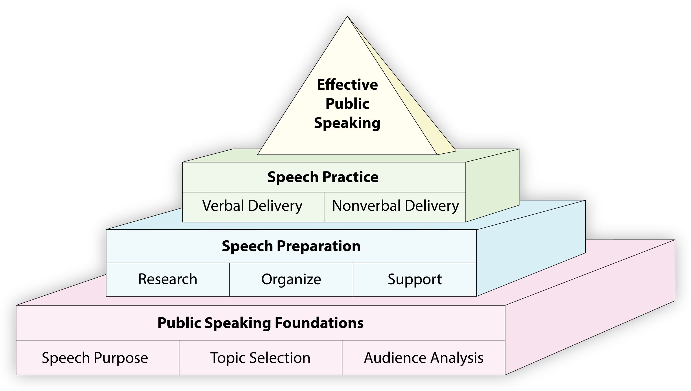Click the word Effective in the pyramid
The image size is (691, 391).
(x=347, y=85)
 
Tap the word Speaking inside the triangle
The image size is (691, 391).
(x=347, y=123)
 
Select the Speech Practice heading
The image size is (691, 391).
(x=323, y=177)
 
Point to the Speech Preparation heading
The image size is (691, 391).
(x=291, y=246)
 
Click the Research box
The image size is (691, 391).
(x=168, y=279)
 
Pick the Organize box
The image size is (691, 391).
(x=291, y=279)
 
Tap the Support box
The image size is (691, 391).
(x=415, y=279)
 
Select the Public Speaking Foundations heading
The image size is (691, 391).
(x=260, y=323)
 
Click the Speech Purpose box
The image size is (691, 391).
(x=95, y=358)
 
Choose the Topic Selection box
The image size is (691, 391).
(x=260, y=358)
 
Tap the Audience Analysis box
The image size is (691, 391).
(x=423, y=358)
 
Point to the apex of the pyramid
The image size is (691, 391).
(x=347, y=17)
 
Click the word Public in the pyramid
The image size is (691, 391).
(x=347, y=104)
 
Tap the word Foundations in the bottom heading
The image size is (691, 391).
(x=319, y=323)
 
